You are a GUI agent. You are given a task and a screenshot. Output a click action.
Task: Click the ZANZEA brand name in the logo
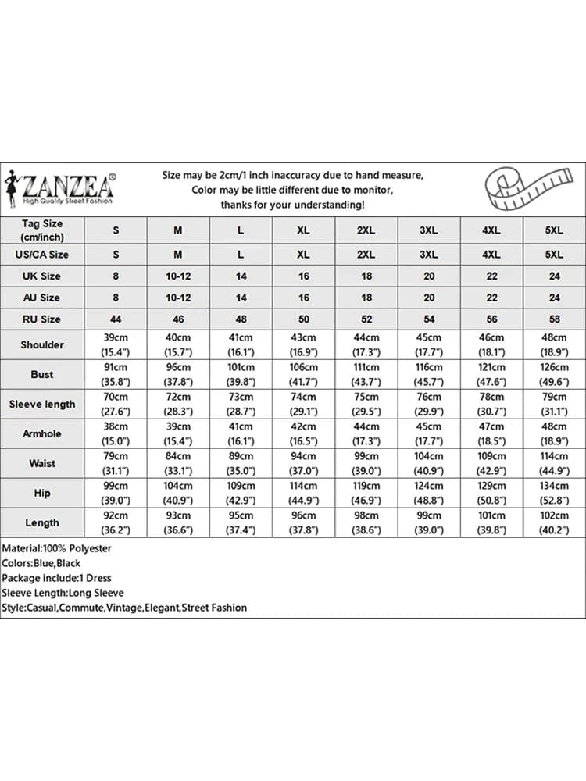tap(69, 185)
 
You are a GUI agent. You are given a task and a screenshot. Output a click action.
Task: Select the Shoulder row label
tap(42, 344)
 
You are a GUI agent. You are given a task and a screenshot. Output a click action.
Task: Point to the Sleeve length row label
tap(42, 404)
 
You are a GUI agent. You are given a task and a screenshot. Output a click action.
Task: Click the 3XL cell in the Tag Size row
tap(429, 230)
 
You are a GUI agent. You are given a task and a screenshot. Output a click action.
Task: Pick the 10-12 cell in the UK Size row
tap(178, 276)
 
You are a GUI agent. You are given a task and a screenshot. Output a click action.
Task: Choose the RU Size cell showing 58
tap(554, 319)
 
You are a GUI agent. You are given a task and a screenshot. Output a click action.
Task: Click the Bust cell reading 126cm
tap(554, 374)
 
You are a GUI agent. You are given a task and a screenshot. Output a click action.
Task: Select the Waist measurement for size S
tap(116, 463)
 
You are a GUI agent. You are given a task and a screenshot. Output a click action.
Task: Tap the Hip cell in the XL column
tap(304, 493)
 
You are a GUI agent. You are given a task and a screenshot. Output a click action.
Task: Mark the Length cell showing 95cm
tap(241, 522)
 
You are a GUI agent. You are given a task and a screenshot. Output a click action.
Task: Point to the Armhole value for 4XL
tap(491, 433)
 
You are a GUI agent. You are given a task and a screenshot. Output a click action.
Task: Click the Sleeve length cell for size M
tap(178, 404)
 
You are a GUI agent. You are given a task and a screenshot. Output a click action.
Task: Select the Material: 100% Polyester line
tap(56, 548)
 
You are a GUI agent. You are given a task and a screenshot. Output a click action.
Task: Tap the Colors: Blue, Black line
tap(41, 563)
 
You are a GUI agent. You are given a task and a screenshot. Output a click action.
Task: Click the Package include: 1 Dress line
tap(56, 578)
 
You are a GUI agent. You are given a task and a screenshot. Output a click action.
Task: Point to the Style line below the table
tap(124, 608)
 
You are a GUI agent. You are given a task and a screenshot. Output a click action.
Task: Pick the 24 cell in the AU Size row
tap(554, 298)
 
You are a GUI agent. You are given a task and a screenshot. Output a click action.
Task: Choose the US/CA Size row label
tap(42, 254)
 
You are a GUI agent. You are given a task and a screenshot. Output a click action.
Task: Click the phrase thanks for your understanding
tap(292, 205)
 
